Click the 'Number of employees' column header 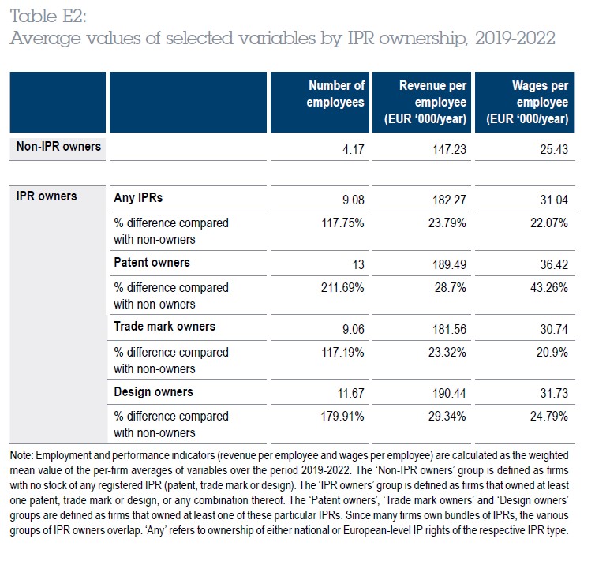click(x=335, y=94)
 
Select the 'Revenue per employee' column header click(x=425, y=102)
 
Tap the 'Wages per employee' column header click(x=527, y=102)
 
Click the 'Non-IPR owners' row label click(x=58, y=147)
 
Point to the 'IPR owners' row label click(x=47, y=196)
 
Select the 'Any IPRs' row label click(x=138, y=197)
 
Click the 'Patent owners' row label click(x=152, y=263)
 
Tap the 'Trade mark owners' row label click(x=165, y=326)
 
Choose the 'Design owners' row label click(x=153, y=392)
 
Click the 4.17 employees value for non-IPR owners click(x=354, y=149)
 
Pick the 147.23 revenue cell click(x=449, y=149)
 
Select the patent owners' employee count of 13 click(x=358, y=264)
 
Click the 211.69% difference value click(x=342, y=287)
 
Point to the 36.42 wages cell click(x=554, y=264)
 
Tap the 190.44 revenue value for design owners click(x=449, y=393)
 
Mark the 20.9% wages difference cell click(x=552, y=353)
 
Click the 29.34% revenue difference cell click(x=447, y=416)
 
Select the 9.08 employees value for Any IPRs click(x=354, y=200)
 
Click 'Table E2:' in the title click(x=48, y=17)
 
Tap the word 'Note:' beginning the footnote click(x=21, y=455)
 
